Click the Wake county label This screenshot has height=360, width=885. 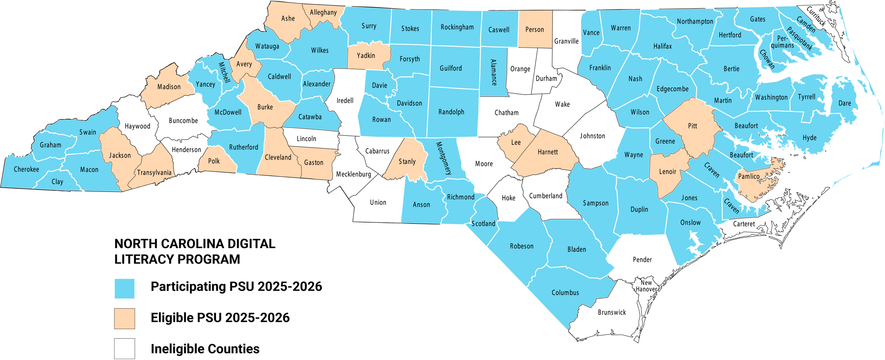562,104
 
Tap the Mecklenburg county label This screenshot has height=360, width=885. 354,174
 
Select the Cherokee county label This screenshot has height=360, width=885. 27,169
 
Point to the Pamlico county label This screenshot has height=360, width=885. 749,176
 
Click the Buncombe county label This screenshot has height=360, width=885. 183,121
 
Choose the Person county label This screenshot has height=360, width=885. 535,30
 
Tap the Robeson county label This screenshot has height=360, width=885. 522,246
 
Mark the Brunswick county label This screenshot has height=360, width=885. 612,313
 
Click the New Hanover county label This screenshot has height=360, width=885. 646,286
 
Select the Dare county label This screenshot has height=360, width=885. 845,103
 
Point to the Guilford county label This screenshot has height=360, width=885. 451,69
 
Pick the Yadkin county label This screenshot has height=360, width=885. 366,56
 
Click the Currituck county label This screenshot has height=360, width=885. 816,16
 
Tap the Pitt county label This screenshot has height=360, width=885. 693,126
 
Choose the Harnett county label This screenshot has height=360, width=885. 548,152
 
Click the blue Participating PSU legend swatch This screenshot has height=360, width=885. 124,288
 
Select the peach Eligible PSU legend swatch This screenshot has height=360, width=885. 124,318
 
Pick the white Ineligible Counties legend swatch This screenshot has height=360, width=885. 124,349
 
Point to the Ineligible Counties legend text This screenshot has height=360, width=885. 205,349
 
